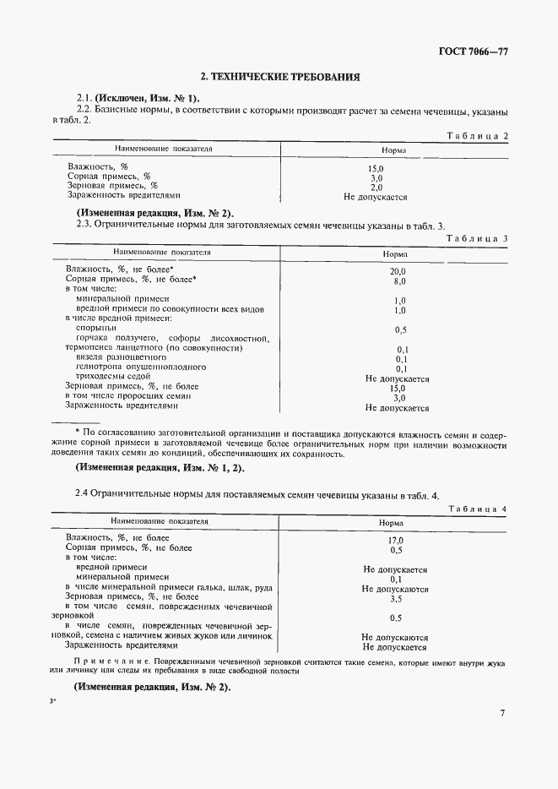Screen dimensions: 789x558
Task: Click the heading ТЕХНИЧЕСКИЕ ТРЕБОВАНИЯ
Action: pyautogui.click(x=279, y=77)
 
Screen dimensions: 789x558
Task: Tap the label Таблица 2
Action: pyautogui.click(x=479, y=135)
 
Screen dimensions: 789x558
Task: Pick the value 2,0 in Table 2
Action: pyautogui.click(x=377, y=188)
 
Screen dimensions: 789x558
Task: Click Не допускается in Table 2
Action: pyautogui.click(x=376, y=197)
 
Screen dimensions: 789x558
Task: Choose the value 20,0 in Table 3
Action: pyautogui.click(x=398, y=270)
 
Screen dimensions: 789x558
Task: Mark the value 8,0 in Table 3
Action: pyautogui.click(x=399, y=280)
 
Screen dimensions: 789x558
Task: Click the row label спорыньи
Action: pyautogui.click(x=96, y=327)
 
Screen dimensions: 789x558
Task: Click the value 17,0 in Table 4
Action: pyautogui.click(x=395, y=540)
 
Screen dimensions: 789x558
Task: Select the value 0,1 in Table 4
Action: pyautogui.click(x=395, y=579)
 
